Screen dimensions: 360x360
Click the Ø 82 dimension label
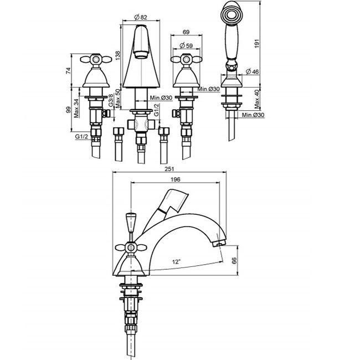click(x=140, y=17)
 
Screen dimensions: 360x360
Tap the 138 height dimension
click(x=117, y=55)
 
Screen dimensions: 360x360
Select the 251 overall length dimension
click(x=169, y=169)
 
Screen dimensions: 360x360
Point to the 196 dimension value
click(x=176, y=179)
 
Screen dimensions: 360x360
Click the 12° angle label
click(x=176, y=262)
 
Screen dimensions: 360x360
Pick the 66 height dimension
click(x=234, y=261)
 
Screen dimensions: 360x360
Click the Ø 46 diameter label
click(x=252, y=71)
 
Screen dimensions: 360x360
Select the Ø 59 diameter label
click(x=186, y=45)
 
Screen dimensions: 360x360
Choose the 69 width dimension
click(x=186, y=32)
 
